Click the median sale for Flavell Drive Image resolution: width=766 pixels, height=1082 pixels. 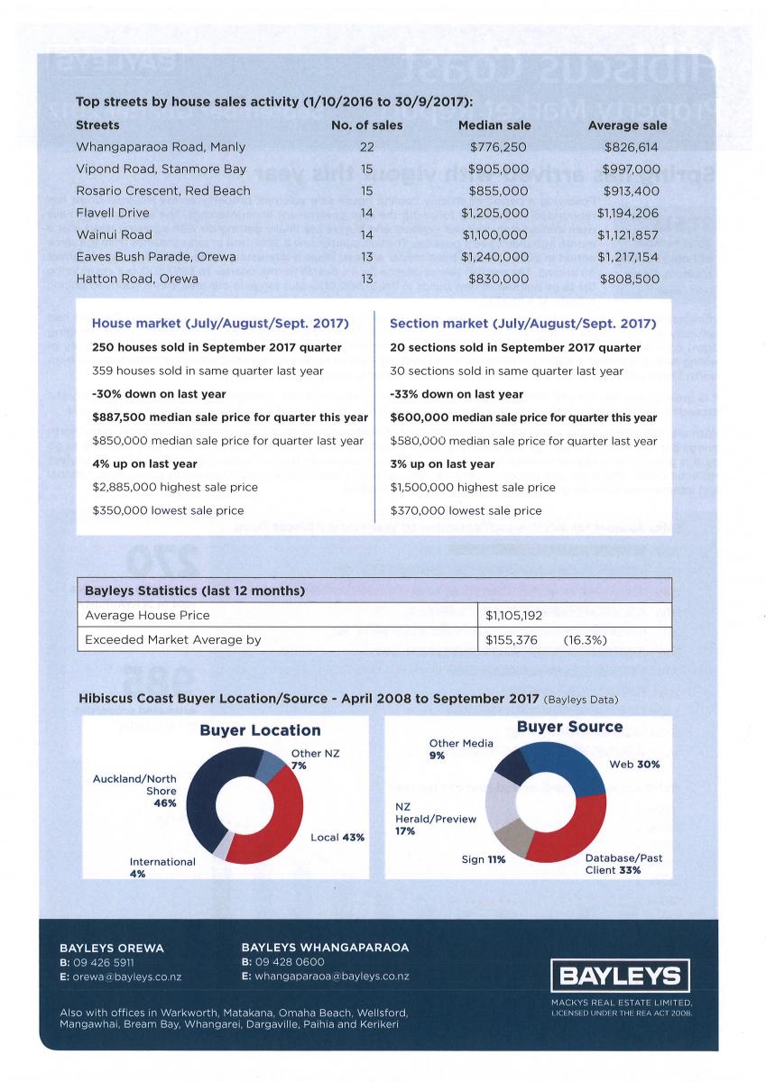(494, 214)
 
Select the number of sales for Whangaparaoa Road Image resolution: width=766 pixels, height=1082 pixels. (366, 147)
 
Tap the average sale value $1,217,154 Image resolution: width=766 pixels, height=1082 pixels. (630, 257)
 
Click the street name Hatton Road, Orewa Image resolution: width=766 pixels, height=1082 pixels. (137, 280)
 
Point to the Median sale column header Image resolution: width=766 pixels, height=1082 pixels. (494, 125)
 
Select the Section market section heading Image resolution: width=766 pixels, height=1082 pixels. (523, 324)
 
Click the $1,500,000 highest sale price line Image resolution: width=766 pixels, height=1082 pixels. (473, 487)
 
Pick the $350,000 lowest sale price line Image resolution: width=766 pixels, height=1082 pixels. (169, 510)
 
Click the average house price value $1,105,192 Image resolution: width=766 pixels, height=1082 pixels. (513, 616)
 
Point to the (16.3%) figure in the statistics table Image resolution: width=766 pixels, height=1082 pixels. (585, 640)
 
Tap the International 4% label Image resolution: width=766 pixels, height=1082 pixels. (162, 867)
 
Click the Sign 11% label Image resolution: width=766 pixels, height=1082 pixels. (484, 860)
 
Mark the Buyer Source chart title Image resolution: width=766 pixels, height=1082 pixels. (569, 727)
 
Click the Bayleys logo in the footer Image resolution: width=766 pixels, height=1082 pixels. (622, 976)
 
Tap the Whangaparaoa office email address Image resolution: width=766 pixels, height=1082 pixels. (326, 977)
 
